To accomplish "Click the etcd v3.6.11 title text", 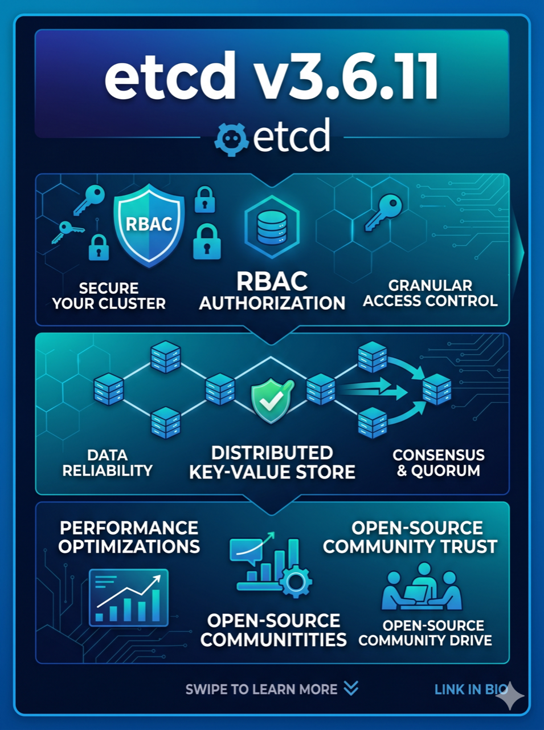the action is (x=271, y=76).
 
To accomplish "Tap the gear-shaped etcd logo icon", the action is (x=231, y=139).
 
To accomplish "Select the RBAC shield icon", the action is (x=149, y=225).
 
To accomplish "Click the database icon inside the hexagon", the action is (x=272, y=227).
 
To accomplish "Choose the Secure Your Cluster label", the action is (x=109, y=295).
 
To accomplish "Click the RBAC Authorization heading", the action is (x=272, y=291).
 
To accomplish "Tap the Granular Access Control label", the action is (x=430, y=293).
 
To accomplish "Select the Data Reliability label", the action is (x=107, y=463).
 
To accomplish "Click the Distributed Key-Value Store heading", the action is (x=272, y=463).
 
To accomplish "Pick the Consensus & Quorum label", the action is (x=439, y=463).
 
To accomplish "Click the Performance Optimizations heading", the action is (x=129, y=537).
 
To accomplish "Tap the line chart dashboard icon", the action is (x=129, y=598).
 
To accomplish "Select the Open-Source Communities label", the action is (x=273, y=630).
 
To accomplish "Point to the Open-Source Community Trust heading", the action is (x=410, y=537).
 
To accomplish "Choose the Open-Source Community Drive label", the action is (x=425, y=633).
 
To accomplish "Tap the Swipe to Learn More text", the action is (x=261, y=690).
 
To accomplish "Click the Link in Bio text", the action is (x=471, y=690).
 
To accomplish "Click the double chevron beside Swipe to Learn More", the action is (x=351, y=688).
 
